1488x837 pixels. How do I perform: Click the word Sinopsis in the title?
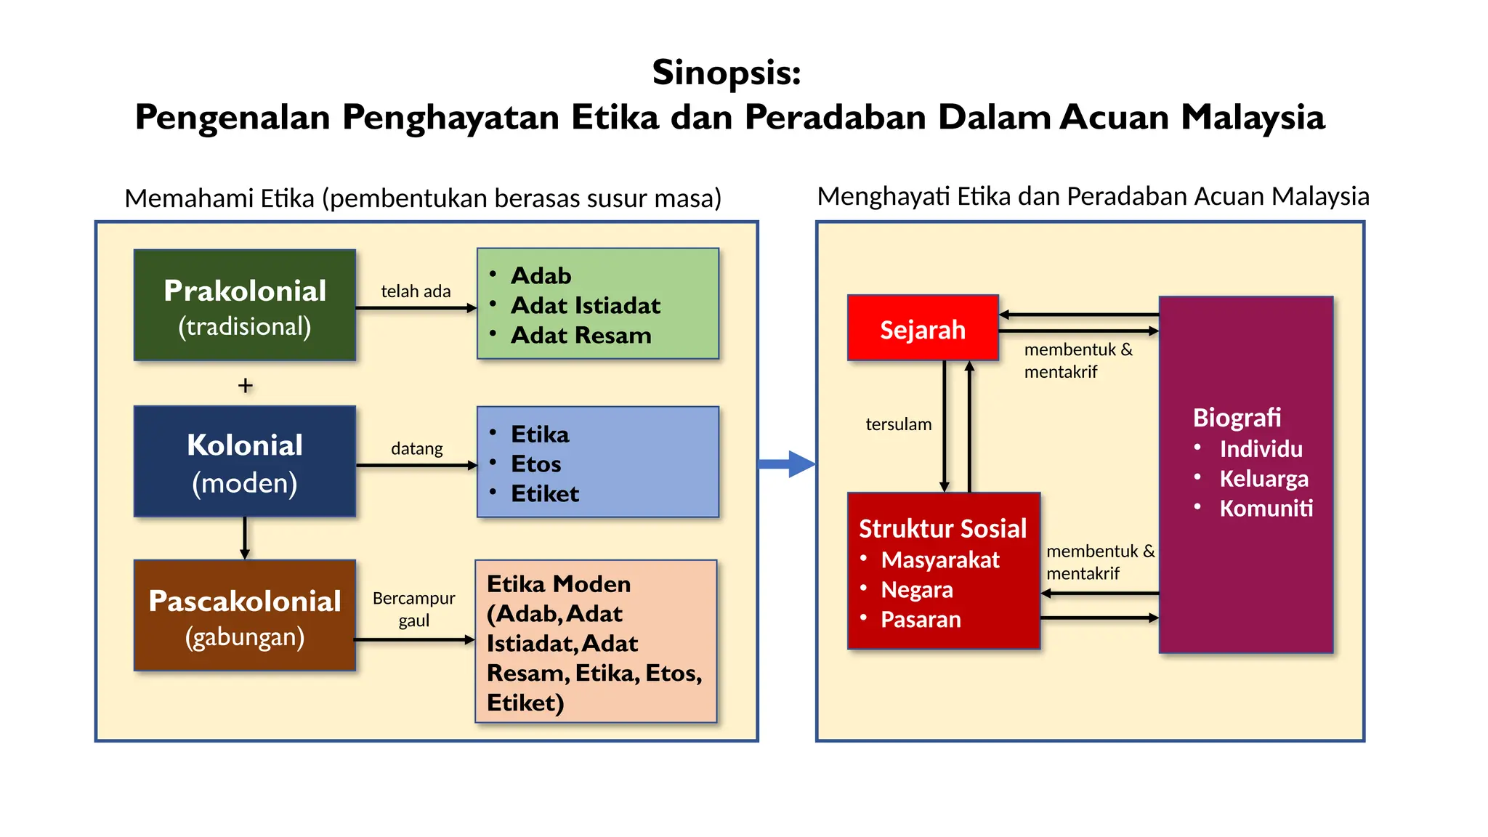(x=726, y=73)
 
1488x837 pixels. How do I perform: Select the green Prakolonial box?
(x=245, y=305)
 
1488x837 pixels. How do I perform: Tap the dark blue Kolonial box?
(x=245, y=461)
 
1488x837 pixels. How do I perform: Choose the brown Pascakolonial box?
(x=245, y=615)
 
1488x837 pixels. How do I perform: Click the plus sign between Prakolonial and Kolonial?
(x=246, y=385)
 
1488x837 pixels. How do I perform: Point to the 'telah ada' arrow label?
(x=416, y=291)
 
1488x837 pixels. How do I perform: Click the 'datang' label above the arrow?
(x=416, y=448)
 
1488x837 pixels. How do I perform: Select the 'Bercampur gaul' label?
(x=413, y=609)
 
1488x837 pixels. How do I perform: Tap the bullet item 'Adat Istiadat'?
(x=585, y=305)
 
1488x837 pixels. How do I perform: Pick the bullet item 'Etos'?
(x=535, y=464)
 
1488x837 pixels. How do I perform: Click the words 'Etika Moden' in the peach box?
(x=558, y=584)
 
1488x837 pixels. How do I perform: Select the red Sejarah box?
(x=923, y=328)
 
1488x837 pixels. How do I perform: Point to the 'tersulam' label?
(x=898, y=424)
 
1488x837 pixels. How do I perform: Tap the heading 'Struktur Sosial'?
(x=942, y=528)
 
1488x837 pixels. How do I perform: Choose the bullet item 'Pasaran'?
(x=921, y=619)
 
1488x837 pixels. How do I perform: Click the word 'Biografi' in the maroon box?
(x=1237, y=418)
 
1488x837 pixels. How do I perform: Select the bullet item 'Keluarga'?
(x=1263, y=478)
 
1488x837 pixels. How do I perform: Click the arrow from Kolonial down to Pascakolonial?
(x=245, y=538)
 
